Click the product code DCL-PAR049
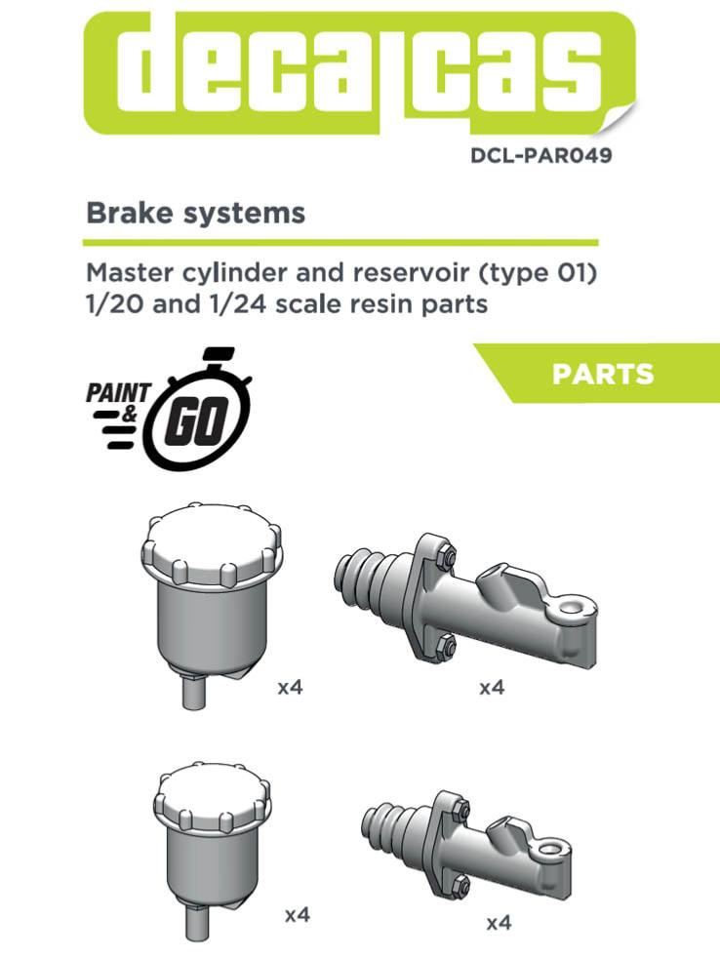coord(540,155)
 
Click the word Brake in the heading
coord(121,213)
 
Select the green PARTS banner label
coord(603,374)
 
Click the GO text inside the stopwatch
coord(196,421)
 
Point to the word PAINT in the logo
coord(118,392)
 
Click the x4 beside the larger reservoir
coord(290,688)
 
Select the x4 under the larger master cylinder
coord(492,688)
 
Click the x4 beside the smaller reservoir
coord(298,915)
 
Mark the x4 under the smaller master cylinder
coord(500,922)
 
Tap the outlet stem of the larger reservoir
coord(194,690)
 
